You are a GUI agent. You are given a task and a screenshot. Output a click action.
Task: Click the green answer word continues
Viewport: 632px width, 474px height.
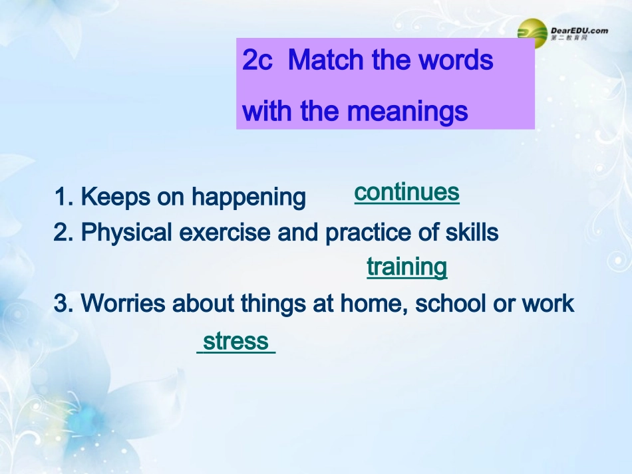(406, 192)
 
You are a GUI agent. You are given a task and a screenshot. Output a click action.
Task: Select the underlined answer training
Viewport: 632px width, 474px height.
(407, 267)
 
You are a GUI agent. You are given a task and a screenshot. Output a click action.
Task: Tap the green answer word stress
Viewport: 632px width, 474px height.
(236, 341)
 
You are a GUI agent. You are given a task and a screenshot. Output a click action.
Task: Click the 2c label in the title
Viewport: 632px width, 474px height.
(257, 60)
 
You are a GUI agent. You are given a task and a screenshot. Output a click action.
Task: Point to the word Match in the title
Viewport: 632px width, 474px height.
(327, 60)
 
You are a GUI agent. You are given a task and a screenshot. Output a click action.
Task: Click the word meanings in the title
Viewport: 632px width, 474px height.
(408, 111)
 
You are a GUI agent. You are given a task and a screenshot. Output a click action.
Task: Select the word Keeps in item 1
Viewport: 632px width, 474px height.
(115, 197)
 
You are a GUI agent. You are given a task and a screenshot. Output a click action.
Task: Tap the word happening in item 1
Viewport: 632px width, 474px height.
(248, 197)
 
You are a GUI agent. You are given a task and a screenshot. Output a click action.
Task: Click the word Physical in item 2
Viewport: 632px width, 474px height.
(126, 233)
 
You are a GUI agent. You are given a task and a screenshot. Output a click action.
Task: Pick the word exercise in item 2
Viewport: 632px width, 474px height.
(224, 233)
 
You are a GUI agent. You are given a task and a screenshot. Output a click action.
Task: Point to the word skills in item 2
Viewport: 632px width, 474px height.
(472, 233)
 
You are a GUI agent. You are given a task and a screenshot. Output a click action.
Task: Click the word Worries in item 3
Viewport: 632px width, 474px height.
(123, 303)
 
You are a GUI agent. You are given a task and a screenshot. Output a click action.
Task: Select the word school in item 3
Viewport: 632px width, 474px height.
(450, 303)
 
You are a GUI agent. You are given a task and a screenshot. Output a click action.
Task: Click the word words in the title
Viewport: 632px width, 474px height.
(456, 60)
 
